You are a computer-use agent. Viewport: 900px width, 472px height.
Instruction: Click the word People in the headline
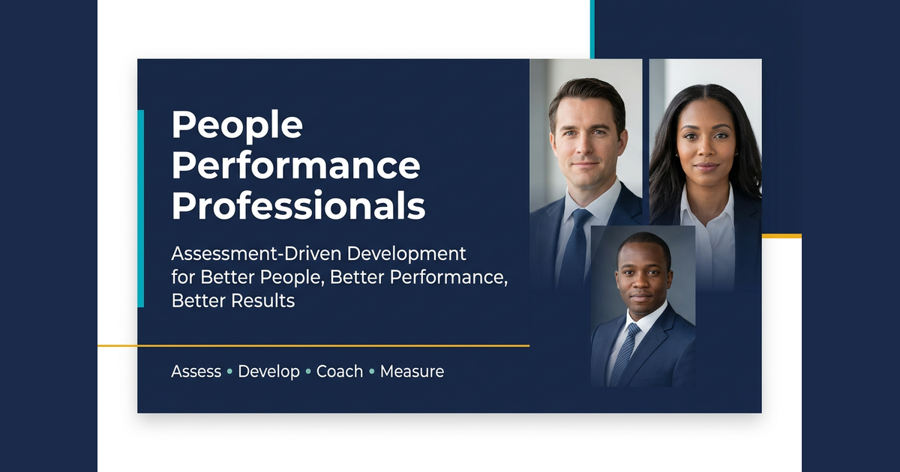(237, 126)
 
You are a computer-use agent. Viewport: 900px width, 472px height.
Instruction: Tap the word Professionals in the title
(298, 206)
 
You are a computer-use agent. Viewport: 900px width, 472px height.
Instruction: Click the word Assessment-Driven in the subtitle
(256, 254)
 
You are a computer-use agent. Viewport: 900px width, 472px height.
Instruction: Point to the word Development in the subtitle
(406, 255)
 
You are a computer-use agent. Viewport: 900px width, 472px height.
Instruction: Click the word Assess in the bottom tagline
(196, 372)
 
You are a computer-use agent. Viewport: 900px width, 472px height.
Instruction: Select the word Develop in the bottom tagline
(268, 372)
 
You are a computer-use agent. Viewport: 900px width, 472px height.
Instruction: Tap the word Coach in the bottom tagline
(340, 372)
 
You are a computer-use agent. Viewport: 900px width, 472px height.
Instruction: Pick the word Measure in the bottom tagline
(412, 372)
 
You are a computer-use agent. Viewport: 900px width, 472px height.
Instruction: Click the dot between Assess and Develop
(229, 372)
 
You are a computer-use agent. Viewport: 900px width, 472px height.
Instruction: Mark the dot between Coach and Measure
(372, 372)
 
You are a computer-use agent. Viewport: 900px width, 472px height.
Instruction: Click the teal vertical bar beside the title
(141, 209)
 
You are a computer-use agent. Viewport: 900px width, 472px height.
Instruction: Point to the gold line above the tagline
(313, 345)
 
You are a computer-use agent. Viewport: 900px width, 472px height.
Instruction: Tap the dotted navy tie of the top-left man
(574, 249)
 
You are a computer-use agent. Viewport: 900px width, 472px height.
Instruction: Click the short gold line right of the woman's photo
(781, 236)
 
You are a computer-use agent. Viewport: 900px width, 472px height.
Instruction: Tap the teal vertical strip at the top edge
(592, 29)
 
